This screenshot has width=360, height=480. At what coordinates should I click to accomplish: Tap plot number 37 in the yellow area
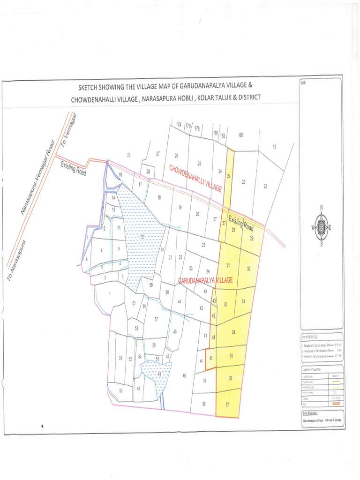click(x=228, y=404)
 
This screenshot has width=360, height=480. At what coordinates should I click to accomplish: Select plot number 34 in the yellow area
click(x=233, y=332)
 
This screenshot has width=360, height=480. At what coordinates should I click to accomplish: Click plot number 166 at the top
click(x=240, y=135)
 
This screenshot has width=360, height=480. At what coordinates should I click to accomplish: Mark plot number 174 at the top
click(x=178, y=125)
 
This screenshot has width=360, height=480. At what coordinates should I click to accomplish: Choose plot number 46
click(x=184, y=375)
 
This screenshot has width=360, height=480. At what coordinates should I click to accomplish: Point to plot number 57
click(x=156, y=319)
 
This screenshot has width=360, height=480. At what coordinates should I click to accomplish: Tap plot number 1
click(x=109, y=294)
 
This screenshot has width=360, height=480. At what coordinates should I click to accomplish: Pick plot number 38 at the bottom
click(x=204, y=404)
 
